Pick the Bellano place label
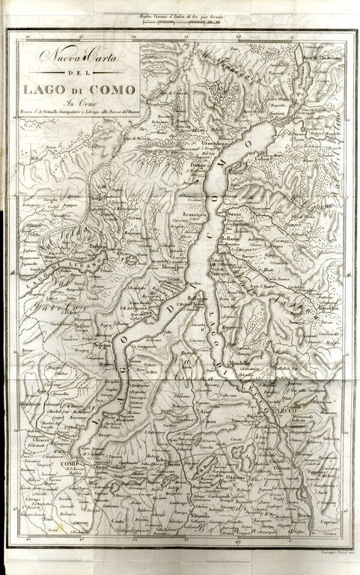point(230,238)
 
